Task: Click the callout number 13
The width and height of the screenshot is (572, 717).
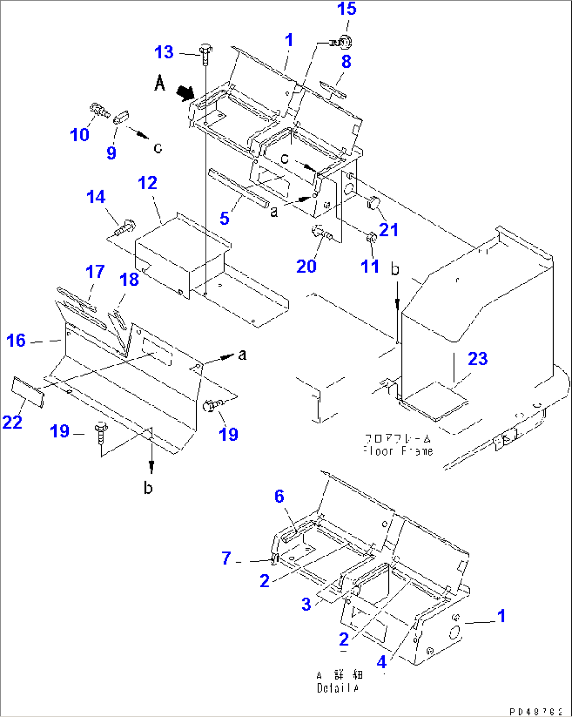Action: (x=164, y=52)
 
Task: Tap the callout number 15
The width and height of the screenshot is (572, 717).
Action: (x=347, y=9)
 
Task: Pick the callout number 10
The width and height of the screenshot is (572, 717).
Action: (x=80, y=134)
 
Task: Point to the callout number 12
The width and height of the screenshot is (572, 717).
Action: (x=147, y=183)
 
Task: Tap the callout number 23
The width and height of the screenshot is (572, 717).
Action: (x=478, y=359)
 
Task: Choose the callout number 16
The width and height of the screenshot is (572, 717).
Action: (x=16, y=340)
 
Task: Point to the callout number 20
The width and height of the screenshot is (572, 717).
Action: (x=306, y=266)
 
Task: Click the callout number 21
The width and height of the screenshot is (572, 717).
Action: (x=389, y=230)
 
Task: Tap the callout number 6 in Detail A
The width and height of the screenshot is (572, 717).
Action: (x=279, y=496)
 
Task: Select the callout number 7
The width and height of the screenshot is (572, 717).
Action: (x=226, y=558)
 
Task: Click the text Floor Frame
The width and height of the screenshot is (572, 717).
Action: (x=398, y=451)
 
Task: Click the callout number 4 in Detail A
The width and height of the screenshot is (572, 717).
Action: (x=382, y=662)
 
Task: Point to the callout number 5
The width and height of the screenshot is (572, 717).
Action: (x=225, y=217)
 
